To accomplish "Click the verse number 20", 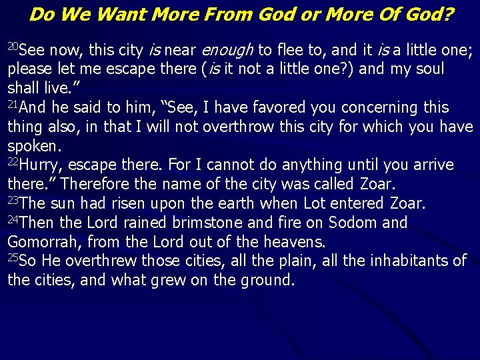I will click(14, 47).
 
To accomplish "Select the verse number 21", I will click(14, 104).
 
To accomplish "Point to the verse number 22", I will click(14, 162).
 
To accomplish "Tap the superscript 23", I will click(14, 200).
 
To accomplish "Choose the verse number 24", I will click(14, 219).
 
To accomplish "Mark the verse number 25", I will click(14, 257).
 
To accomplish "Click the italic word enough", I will click(227, 50).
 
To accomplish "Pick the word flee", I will click(289, 50).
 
